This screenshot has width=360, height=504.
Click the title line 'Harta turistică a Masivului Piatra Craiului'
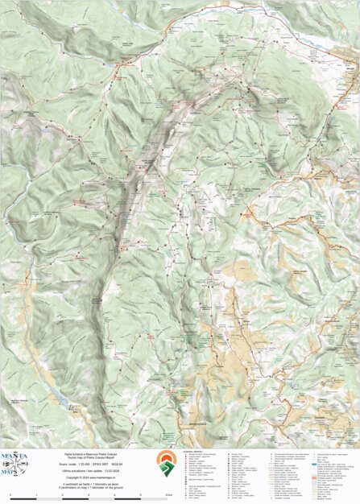[88, 453]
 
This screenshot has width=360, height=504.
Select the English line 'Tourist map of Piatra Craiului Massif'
[88, 457]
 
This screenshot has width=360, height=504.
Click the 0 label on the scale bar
[10, 494]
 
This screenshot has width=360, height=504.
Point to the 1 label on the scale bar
[36, 494]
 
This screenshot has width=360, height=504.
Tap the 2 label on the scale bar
[62, 494]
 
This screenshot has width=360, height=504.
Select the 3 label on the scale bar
[89, 494]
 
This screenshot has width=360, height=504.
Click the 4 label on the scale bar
[114, 494]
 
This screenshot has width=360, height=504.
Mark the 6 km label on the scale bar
[167, 494]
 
